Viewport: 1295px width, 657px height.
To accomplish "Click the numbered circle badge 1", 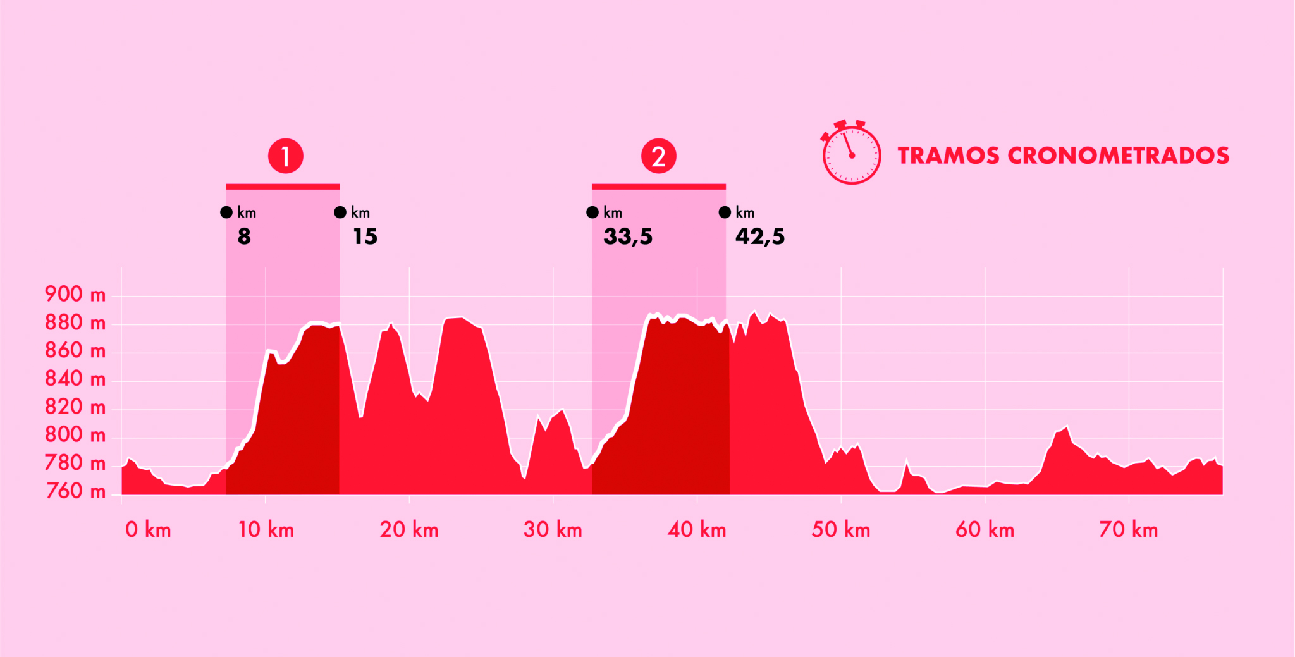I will point(285,156).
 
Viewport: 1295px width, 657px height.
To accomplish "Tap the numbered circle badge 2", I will point(658,156).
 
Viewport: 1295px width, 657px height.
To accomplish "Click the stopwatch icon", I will point(850,153).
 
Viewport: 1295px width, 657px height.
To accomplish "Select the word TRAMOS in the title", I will point(948,156).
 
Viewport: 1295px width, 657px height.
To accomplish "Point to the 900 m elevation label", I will point(75,295).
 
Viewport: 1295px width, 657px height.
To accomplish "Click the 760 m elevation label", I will point(75,491).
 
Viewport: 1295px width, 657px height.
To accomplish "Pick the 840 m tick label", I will point(75,379).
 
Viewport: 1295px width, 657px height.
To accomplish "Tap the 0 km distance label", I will point(148,530).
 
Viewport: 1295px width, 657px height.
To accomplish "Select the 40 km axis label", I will point(697,530).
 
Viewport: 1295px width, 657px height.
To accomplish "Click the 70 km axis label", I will point(1128,530).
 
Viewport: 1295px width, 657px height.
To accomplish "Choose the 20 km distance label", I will point(409,530).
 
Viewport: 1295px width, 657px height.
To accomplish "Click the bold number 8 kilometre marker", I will point(244,237).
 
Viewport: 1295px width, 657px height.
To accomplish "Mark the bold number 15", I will point(365,237).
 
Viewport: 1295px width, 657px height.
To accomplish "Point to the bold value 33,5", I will point(628,237).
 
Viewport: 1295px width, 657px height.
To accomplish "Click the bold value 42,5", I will point(759,237).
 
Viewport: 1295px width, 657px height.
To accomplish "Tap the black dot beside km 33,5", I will point(592,212).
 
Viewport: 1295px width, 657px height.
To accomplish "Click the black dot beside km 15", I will point(340,212).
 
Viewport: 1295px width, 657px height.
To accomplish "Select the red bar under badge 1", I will point(283,187).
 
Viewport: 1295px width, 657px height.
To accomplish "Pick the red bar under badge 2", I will point(658,187).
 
